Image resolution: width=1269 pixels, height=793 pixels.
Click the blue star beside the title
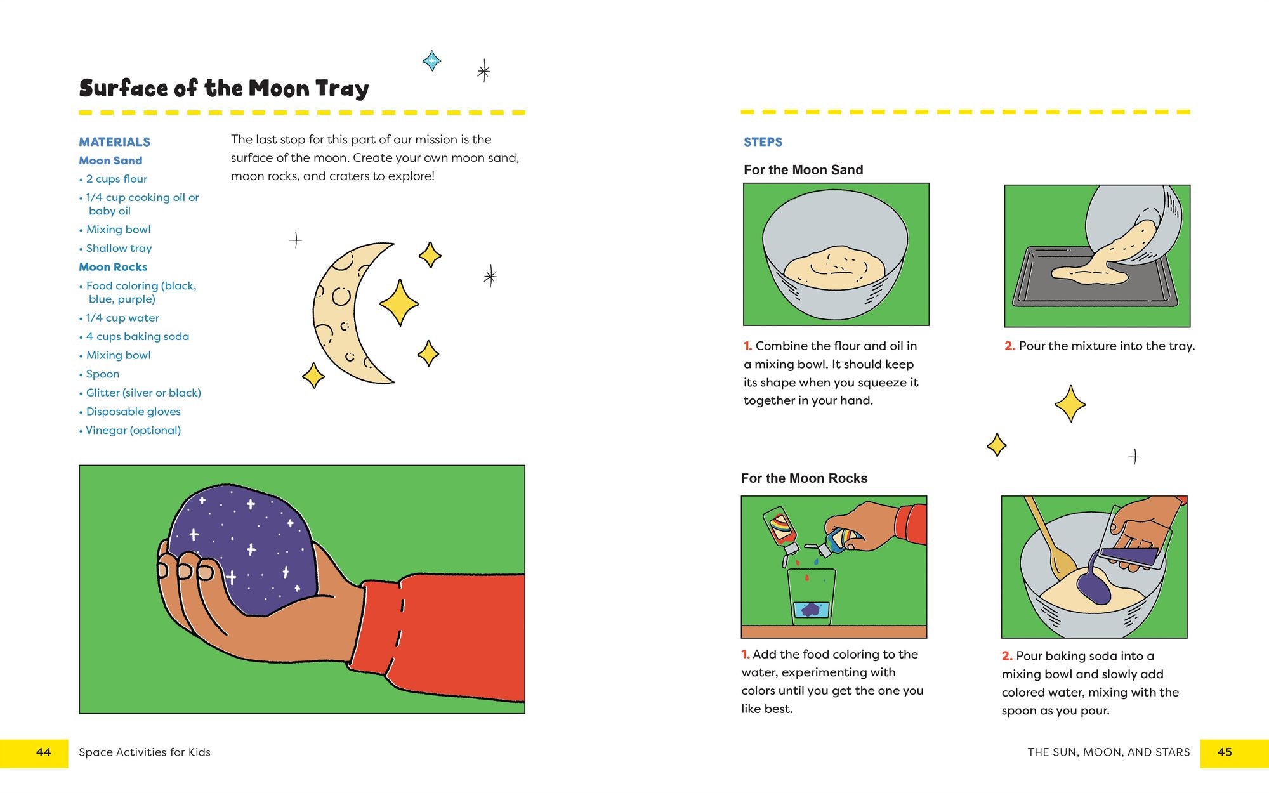(432, 61)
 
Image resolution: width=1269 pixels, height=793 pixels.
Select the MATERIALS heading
(115, 142)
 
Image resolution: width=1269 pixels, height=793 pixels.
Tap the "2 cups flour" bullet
(116, 179)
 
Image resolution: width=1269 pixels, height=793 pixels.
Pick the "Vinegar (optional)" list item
(130, 430)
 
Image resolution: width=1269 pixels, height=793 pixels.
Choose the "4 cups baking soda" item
(134, 336)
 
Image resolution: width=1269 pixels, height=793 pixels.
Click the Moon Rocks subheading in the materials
(113, 267)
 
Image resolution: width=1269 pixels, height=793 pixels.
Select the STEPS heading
(763, 142)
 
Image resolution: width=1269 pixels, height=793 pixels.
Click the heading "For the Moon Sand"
(803, 170)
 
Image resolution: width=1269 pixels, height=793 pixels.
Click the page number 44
(44, 752)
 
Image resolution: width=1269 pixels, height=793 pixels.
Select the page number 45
(1225, 752)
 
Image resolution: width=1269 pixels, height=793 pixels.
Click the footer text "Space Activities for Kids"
(145, 752)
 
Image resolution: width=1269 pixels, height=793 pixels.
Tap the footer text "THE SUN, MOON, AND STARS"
(1109, 752)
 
